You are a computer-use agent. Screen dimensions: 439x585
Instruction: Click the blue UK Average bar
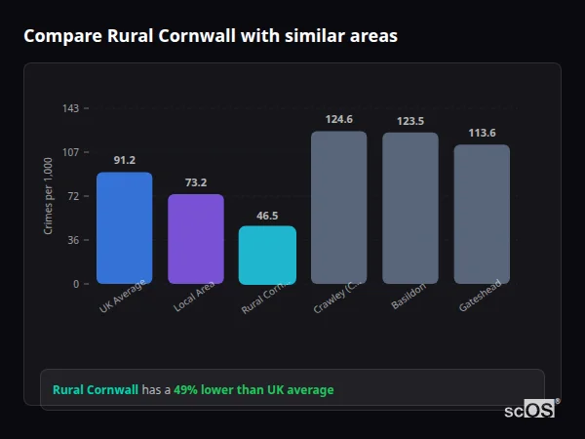tap(124, 228)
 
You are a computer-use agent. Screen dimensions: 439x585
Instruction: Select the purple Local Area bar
tap(196, 239)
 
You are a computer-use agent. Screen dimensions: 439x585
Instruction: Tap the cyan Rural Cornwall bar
tap(267, 255)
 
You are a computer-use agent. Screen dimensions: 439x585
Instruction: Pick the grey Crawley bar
tap(338, 207)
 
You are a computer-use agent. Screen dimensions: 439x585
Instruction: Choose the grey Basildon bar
tap(410, 208)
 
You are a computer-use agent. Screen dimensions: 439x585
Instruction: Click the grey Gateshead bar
tap(482, 214)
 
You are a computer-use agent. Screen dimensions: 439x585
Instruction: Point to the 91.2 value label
tap(124, 160)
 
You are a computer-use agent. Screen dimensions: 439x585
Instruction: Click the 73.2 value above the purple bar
tap(196, 182)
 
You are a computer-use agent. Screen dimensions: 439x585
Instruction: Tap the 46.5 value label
tap(267, 215)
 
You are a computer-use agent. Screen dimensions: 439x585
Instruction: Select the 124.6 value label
tap(338, 119)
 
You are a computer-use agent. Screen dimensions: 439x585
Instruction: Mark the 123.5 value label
tap(410, 121)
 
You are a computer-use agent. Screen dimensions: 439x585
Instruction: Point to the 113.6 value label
tap(482, 133)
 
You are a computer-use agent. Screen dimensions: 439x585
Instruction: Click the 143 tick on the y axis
tap(70, 108)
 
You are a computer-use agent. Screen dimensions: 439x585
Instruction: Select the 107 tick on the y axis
tap(70, 152)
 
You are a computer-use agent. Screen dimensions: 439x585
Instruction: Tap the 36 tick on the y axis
tap(72, 240)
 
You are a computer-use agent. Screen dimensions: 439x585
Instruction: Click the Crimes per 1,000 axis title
tap(48, 196)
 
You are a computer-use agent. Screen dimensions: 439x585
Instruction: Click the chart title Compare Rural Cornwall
tap(210, 36)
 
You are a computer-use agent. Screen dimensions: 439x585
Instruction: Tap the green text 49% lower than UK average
tap(253, 390)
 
